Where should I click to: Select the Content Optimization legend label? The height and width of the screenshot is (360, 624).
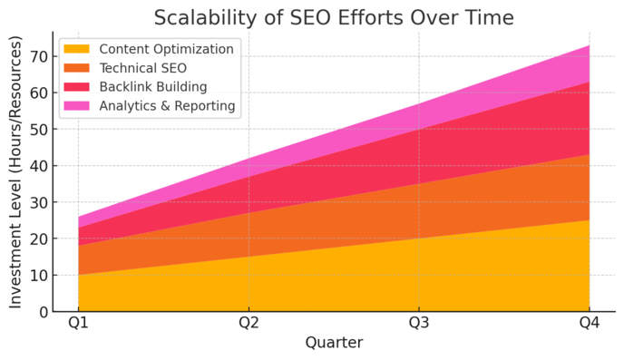point(166,49)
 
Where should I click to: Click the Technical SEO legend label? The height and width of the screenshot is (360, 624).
point(144,68)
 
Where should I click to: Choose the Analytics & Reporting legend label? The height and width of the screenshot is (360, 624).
point(167,106)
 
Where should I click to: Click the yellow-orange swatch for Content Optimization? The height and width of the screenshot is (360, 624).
point(77,49)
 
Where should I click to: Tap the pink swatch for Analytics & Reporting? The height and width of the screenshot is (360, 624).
point(77,106)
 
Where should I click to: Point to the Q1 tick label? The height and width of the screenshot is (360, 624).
point(79,324)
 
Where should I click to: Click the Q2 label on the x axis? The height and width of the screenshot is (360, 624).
point(249,324)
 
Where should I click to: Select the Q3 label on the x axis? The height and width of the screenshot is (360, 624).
point(419,324)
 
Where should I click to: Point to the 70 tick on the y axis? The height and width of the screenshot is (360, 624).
point(38,57)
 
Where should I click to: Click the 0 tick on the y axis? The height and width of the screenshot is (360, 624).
point(43,312)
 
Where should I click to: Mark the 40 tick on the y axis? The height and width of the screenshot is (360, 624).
point(38,166)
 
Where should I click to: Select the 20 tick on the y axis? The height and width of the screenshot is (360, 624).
point(38,238)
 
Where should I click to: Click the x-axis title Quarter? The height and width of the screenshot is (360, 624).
point(334,343)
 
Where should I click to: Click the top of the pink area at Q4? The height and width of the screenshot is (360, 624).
point(590,46)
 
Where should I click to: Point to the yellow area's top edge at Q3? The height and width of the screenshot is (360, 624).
point(419,238)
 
